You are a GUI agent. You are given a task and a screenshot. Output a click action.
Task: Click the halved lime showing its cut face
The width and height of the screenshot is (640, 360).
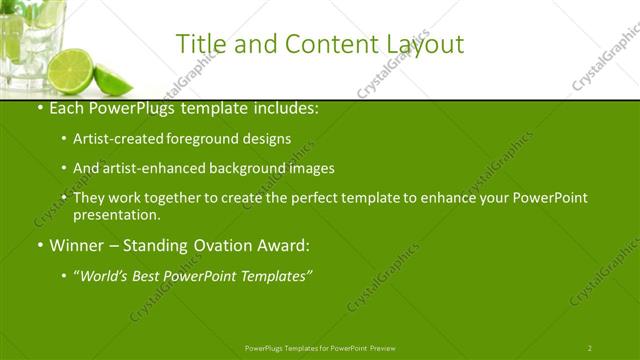pos(71,68)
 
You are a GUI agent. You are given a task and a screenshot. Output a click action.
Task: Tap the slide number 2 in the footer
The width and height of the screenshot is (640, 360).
pos(589,348)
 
